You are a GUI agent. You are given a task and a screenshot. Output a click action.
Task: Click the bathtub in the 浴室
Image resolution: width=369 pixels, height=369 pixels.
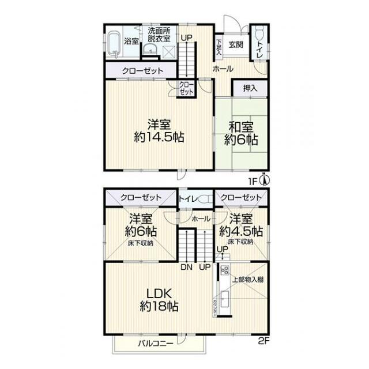pyautogui.click(x=115, y=45)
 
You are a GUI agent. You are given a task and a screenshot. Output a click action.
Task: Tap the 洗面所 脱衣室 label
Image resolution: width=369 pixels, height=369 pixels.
pyautogui.click(x=159, y=35)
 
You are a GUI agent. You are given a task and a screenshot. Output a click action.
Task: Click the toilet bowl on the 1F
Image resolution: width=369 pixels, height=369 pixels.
pyautogui.click(x=259, y=33)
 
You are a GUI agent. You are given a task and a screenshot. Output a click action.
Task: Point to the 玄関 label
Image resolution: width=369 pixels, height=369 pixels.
pyautogui.click(x=236, y=44)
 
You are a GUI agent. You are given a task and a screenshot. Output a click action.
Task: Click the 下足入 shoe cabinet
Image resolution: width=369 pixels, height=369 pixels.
pyautogui.click(x=219, y=47)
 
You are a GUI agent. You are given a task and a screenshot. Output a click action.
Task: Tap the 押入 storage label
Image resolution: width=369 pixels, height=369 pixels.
pyautogui.click(x=250, y=88)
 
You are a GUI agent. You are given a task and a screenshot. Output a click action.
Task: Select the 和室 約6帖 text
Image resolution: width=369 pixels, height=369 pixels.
pyautogui.click(x=241, y=133)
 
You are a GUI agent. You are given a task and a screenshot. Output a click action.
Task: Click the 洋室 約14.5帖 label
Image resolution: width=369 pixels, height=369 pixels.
pyautogui.click(x=159, y=131)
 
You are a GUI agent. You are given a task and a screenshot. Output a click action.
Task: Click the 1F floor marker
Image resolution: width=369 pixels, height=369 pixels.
pyautogui.click(x=253, y=182)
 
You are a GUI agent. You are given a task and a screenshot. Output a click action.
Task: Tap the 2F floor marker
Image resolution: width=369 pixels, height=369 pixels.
pyautogui.click(x=263, y=341)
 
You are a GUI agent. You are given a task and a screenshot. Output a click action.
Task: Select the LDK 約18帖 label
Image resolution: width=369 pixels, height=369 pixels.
pyautogui.click(x=159, y=300)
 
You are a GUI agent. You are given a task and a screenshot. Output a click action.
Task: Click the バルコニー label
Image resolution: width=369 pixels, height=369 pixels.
pyautogui.click(x=156, y=344)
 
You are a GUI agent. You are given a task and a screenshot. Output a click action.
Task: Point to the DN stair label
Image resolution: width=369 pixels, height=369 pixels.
pyautogui.click(x=187, y=267)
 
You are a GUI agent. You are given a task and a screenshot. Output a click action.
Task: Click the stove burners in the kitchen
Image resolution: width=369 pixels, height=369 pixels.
pyautogui.click(x=225, y=270)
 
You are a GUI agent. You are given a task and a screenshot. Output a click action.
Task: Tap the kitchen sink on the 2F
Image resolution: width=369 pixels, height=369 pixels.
pyautogui.click(x=225, y=299)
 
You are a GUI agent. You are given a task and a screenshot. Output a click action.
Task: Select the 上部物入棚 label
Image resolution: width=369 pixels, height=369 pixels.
pyautogui.click(x=248, y=280)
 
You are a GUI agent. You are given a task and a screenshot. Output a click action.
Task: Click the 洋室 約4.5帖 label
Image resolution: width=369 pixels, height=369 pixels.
pyautogui.click(x=241, y=225)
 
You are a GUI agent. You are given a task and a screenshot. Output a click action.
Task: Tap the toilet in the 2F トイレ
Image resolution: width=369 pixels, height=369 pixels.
pyautogui.click(x=205, y=199)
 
